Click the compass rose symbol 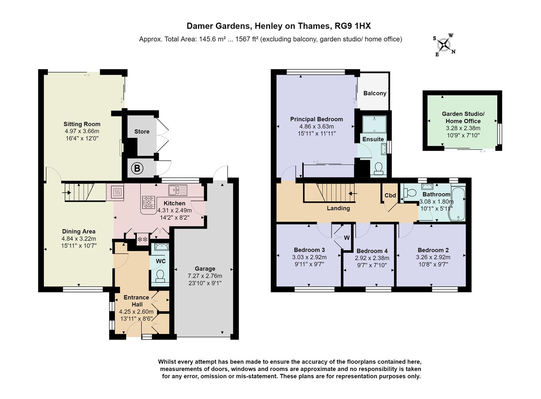[444, 45]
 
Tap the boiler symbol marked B [137, 169]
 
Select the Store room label [142, 132]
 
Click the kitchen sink [178, 190]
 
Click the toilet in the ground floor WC [160, 276]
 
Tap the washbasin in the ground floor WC [160, 248]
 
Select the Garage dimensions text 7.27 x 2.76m [205, 276]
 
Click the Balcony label [375, 93]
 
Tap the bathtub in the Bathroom [458, 204]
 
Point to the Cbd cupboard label [390, 196]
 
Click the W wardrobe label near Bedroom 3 [347, 238]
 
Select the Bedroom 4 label [372, 251]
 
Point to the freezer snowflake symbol [142, 239]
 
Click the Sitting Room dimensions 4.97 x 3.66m [82, 131]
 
